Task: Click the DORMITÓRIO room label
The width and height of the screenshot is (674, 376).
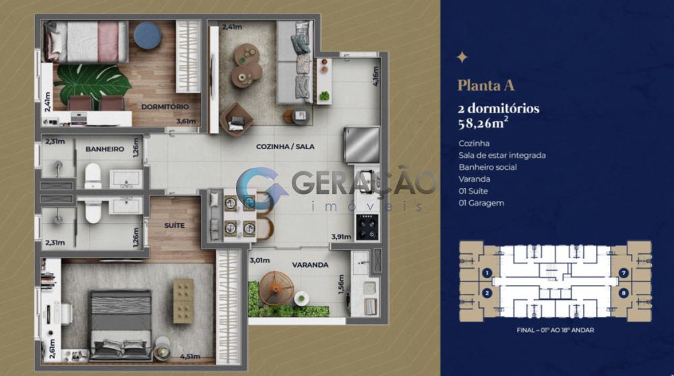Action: click(x=165, y=106)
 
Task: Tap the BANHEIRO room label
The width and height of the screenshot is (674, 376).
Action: click(x=105, y=149)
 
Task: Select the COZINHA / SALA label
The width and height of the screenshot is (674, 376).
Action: click(x=285, y=146)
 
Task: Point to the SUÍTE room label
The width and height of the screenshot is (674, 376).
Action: click(x=175, y=225)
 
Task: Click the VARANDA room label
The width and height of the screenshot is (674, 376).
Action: click(x=310, y=265)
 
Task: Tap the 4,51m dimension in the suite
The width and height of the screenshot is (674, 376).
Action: click(x=190, y=356)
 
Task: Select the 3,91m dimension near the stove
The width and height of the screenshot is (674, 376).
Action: click(x=341, y=237)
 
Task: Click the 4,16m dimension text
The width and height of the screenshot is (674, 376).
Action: click(x=375, y=76)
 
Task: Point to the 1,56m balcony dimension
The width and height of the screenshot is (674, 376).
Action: click(x=341, y=284)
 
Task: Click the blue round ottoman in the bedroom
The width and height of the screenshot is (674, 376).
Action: click(x=148, y=35)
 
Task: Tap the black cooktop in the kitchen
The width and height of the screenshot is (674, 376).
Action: click(x=367, y=227)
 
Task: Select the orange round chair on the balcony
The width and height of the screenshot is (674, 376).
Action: click(x=276, y=288)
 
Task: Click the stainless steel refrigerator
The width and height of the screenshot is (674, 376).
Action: click(x=362, y=144)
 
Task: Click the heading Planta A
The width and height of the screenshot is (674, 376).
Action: click(x=486, y=85)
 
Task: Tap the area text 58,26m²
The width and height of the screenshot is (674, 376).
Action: click(x=483, y=123)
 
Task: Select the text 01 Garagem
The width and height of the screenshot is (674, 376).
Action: click(x=481, y=203)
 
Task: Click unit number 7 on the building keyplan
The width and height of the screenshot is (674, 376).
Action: click(x=623, y=273)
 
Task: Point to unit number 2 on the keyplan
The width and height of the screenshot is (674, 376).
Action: click(x=487, y=293)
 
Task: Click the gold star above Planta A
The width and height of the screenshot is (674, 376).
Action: click(x=462, y=57)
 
